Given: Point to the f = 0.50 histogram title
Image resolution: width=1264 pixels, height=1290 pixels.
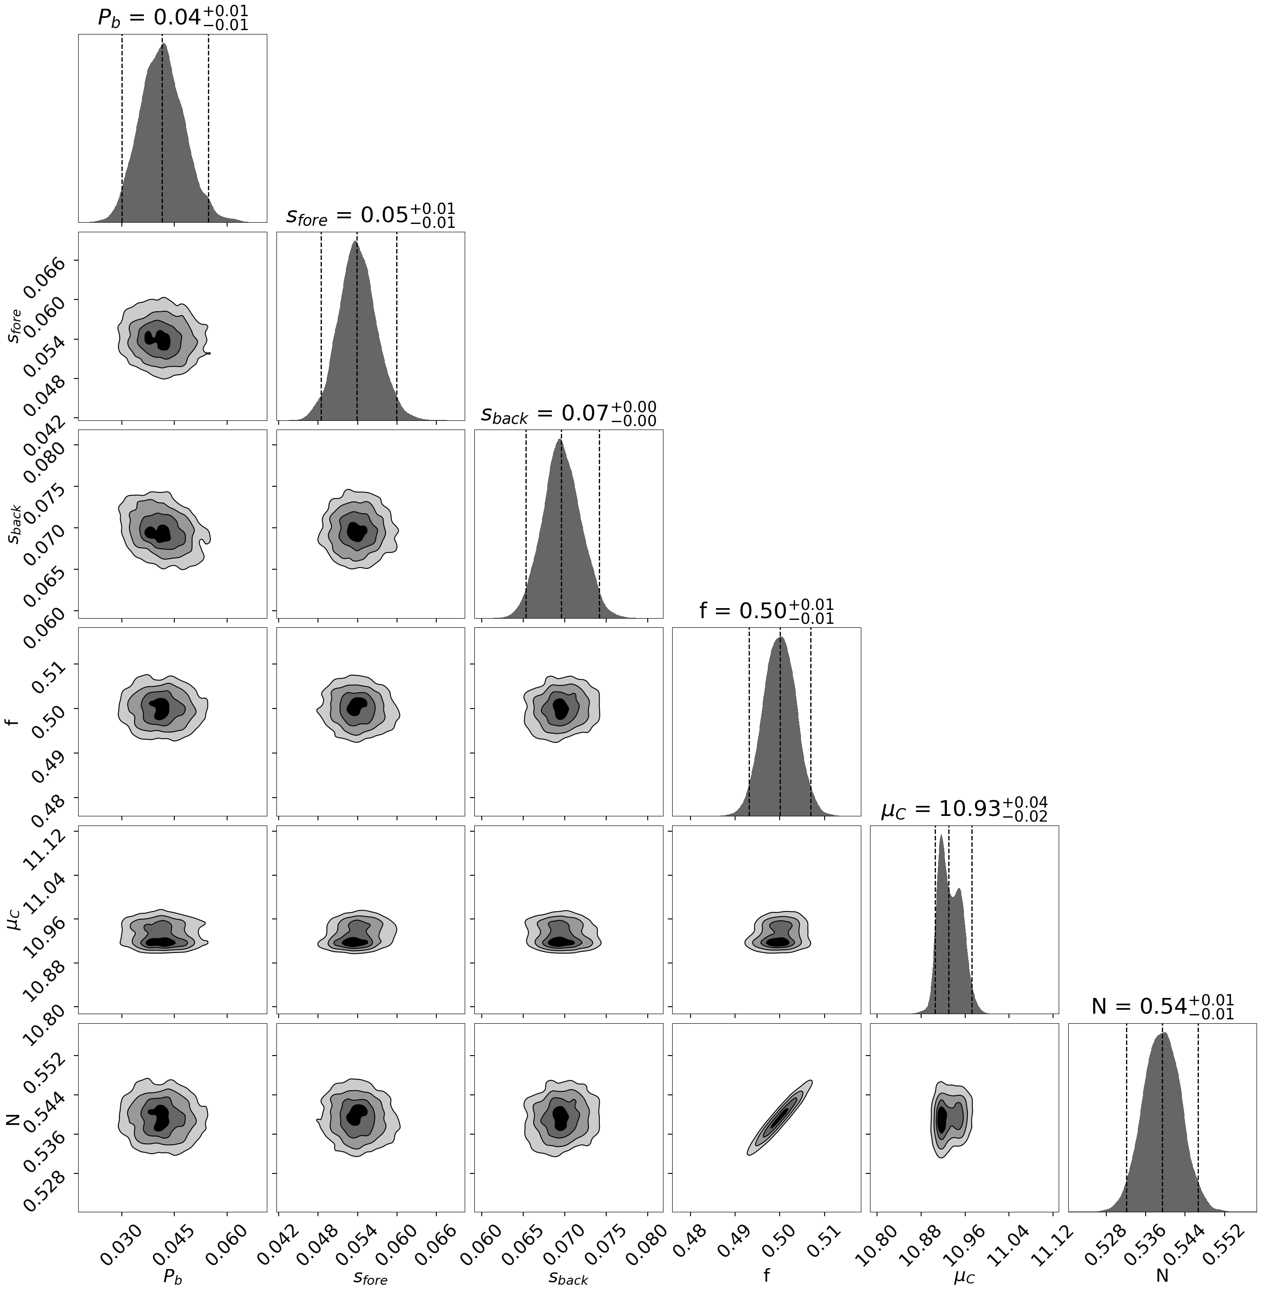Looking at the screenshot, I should pos(766,611).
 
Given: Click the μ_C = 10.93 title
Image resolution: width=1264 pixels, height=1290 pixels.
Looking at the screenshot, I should pos(964,809).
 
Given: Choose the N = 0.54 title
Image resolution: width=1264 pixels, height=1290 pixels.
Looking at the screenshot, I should pos(1162,1007).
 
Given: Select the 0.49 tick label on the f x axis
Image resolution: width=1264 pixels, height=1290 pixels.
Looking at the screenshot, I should pos(726,1239).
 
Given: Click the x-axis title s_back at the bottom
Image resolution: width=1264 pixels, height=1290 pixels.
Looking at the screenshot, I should pos(568,1278).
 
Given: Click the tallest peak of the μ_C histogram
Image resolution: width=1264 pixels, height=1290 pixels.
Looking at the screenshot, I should pos(941,837).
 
